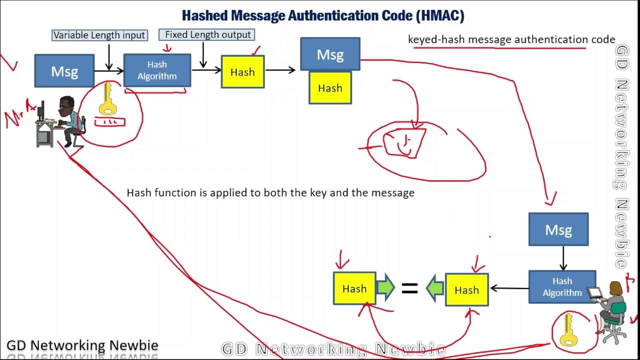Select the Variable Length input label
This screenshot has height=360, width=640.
(99, 35)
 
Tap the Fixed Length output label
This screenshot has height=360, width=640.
(207, 35)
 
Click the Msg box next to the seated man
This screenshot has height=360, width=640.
(64, 71)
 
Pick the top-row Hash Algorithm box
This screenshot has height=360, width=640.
(157, 70)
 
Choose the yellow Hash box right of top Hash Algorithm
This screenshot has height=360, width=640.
(242, 72)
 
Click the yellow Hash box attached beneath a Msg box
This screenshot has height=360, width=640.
(330, 88)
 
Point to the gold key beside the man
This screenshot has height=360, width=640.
(106, 99)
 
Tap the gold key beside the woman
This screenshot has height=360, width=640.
(568, 330)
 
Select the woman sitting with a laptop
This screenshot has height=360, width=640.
(611, 310)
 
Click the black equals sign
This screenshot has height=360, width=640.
(410, 288)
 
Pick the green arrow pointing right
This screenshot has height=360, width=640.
(385, 288)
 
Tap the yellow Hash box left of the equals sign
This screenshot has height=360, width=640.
(354, 288)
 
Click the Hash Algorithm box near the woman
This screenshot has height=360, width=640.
(562, 287)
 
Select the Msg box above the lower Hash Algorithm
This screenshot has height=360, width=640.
(558, 229)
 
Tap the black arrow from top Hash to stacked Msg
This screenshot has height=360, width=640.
(280, 70)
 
